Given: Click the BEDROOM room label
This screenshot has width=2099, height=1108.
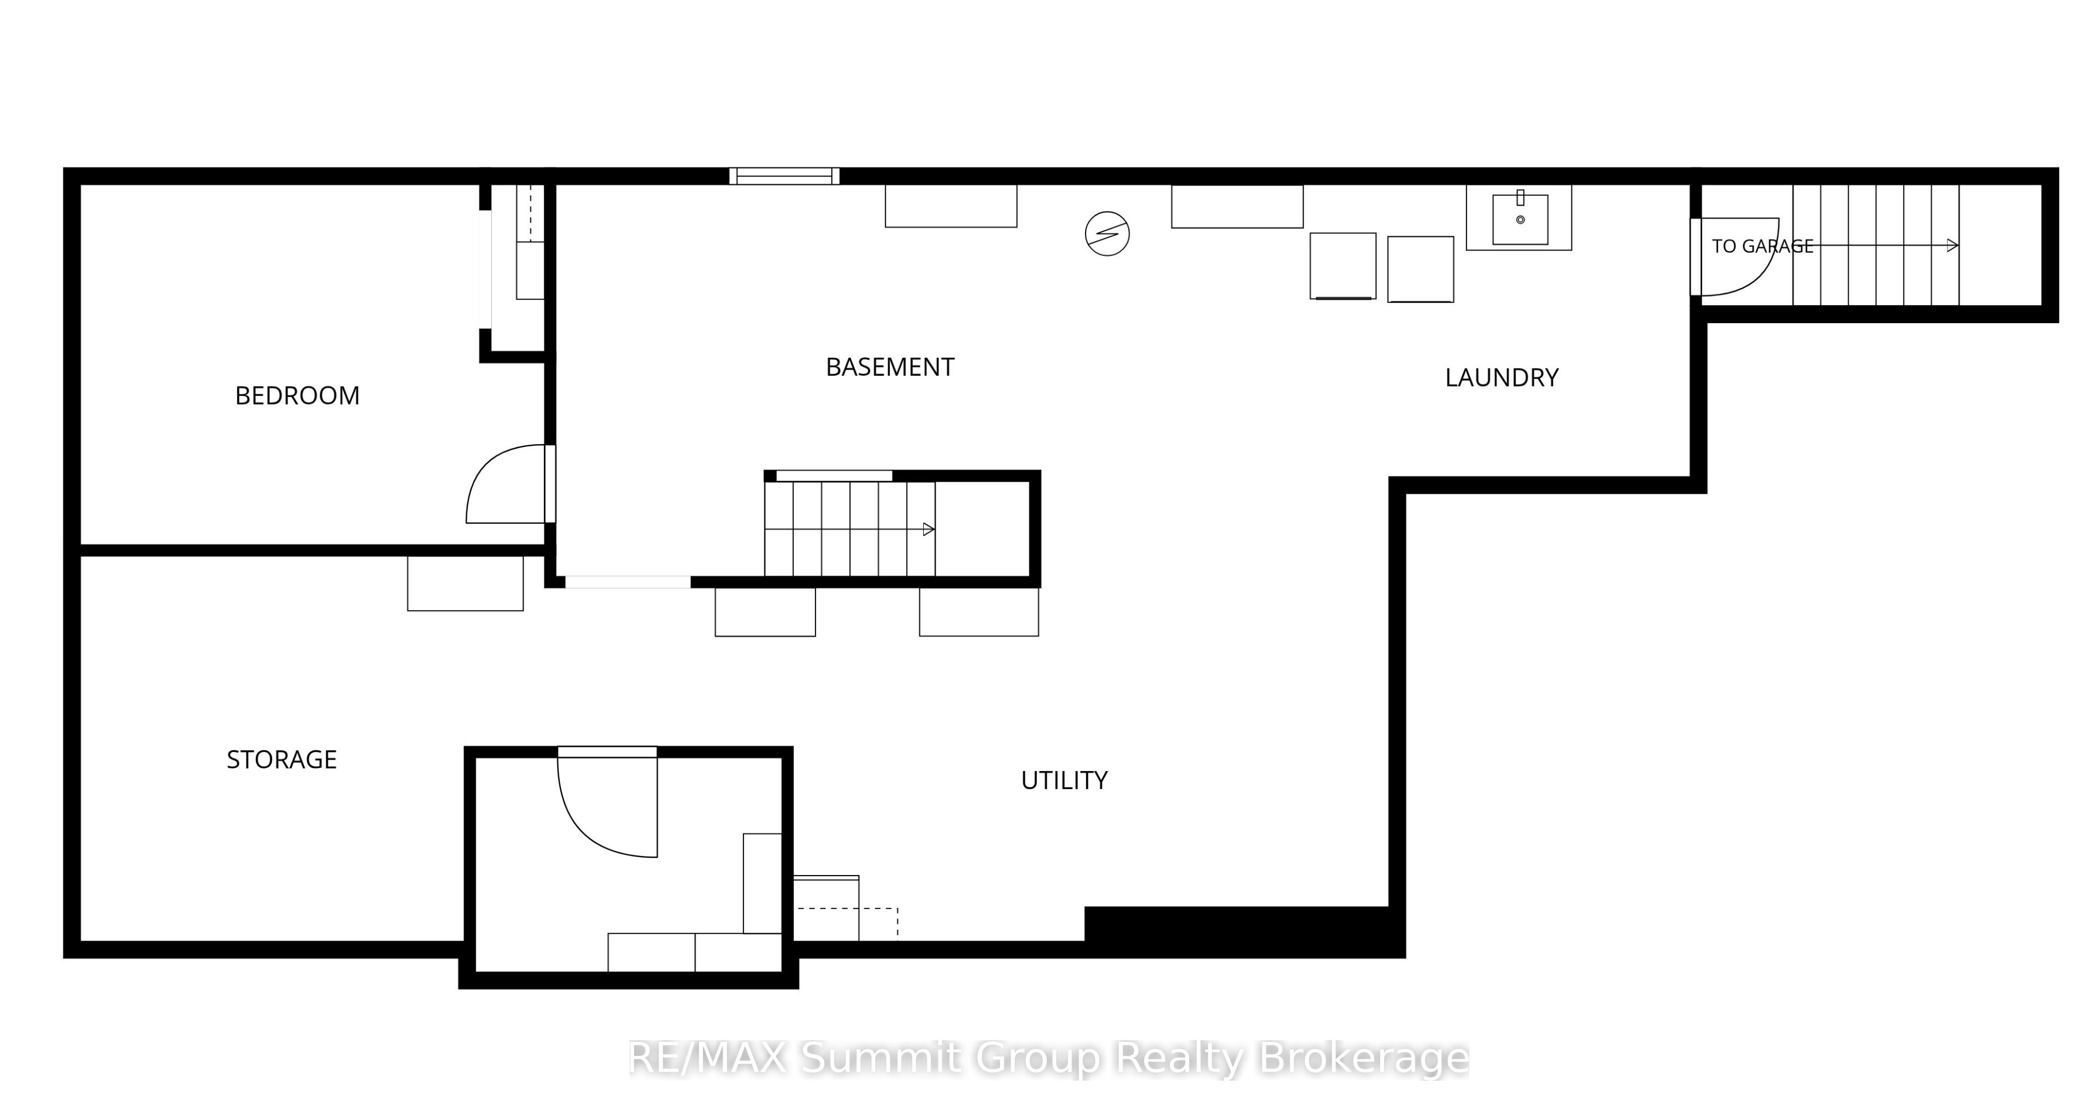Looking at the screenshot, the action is coord(297,395).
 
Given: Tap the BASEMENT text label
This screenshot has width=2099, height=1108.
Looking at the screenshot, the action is coord(890,367).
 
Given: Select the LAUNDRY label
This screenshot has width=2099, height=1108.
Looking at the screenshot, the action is coord(1502,377).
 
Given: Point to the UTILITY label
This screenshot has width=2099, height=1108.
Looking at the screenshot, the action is coord(1064,780).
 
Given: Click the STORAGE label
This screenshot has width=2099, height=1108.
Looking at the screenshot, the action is coord(282,760).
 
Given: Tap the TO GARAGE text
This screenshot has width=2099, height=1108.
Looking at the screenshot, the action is coord(1762,246).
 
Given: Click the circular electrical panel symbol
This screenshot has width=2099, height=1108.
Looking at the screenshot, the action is coord(1107,234).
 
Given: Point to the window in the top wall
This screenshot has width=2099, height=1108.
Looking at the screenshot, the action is coord(784,176).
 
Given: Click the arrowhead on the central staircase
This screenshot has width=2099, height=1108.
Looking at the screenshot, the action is coord(929,530).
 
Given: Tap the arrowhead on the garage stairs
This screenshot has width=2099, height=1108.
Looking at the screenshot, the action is coord(1953,246).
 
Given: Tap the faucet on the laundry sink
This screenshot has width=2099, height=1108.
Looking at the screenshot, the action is coord(1521,198).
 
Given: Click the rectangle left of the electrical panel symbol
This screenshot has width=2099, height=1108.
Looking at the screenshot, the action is coord(951,206).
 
